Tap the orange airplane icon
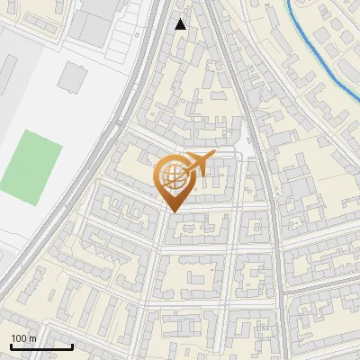click(x=199, y=164)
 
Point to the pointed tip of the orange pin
click(x=171, y=211)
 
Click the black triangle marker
click(x=181, y=24)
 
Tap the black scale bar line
click(x=41, y=346)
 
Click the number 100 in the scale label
click(x=19, y=338)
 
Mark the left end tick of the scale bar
click(x=11, y=345)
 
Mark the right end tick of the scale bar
click(x=72, y=345)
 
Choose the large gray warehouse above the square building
click(x=100, y=22)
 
